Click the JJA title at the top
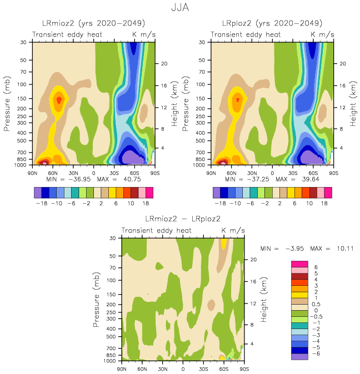pos(180,8)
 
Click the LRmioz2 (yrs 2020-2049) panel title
pos(93,23)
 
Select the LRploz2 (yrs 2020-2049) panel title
pos(272,23)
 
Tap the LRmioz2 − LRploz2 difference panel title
pos(183,219)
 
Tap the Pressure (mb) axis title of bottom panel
pos(96,300)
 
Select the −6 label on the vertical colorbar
pos(317,353)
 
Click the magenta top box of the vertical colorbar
pos(299,264)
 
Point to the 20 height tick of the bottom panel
pos(253,259)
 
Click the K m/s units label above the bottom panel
pos(232,230)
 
